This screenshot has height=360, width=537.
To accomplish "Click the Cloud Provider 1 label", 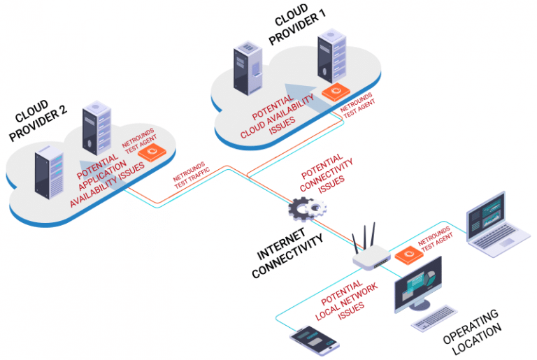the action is click(296, 25).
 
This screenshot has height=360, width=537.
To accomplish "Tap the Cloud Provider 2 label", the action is click(38, 120).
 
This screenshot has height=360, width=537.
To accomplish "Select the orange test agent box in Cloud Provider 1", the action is click(336, 92).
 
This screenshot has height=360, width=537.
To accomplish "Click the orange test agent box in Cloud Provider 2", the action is click(152, 152).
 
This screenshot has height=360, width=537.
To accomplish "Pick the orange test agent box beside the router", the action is click(408, 255).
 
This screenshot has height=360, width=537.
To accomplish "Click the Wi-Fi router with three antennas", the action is click(370, 248).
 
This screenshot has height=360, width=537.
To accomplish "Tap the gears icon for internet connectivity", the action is click(307, 208).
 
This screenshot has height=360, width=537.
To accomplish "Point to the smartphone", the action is click(315, 340).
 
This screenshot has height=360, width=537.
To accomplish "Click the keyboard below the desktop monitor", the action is click(434, 318).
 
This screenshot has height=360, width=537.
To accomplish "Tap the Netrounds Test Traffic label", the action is click(191, 175).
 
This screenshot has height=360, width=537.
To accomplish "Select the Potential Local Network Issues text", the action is click(345, 301).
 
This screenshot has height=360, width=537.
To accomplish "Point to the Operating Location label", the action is click(471, 331).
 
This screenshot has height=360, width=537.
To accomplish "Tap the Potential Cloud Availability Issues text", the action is click(277, 116).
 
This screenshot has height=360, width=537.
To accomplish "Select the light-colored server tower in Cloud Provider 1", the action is click(331, 55).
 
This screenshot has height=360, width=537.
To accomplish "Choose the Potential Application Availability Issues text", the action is click(107, 180).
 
